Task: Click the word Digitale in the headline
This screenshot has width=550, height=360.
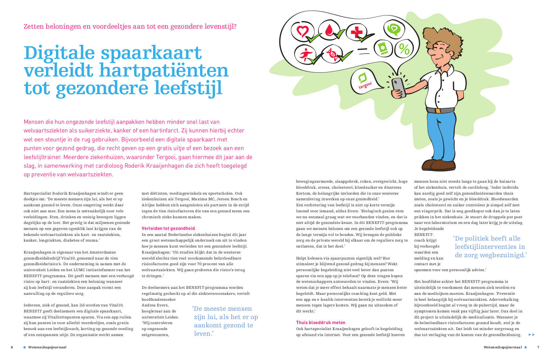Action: click(59, 53)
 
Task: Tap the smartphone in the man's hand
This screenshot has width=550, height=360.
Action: click(398, 88)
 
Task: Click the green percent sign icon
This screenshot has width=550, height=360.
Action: click(404, 49)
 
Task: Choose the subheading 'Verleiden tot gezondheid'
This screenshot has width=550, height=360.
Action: click(168, 228)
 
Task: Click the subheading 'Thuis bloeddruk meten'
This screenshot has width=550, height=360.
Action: click(320, 322)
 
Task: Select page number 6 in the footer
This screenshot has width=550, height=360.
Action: click(12, 347)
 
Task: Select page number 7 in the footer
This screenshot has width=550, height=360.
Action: click(538, 347)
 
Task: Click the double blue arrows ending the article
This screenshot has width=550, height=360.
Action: click(531, 335)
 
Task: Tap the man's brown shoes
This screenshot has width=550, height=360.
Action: click(438, 164)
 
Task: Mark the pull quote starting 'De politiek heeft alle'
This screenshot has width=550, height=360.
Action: click(489, 247)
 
